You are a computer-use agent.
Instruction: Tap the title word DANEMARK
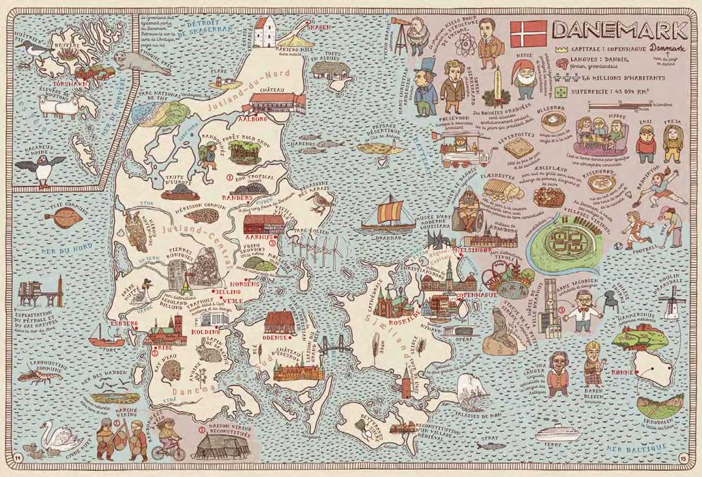pyautogui.click(x=619, y=30)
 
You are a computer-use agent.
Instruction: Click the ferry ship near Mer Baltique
pyautogui.click(x=559, y=434)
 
